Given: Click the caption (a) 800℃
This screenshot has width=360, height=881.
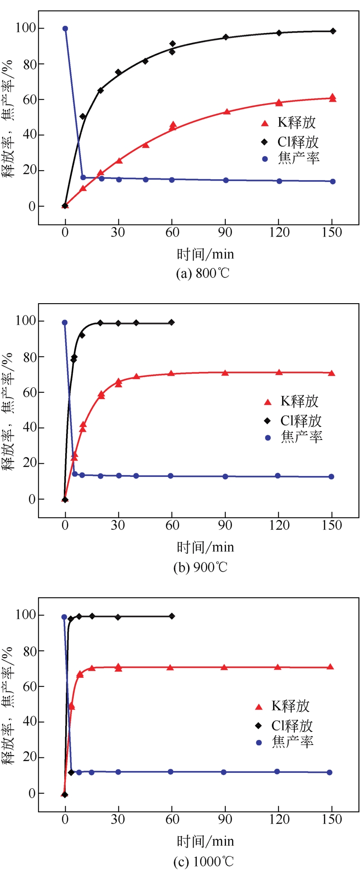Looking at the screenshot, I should [203, 273].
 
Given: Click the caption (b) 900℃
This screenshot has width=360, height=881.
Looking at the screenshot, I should [200, 567].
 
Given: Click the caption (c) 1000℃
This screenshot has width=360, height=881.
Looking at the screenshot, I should [204, 861].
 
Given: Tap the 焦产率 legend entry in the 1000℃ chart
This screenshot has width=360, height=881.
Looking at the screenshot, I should [285, 742].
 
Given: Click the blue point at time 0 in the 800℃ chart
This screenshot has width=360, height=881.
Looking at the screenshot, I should [65, 29].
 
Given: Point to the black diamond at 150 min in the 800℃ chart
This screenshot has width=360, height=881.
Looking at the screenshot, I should [333, 31].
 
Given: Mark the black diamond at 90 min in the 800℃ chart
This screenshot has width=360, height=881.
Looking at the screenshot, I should [226, 37].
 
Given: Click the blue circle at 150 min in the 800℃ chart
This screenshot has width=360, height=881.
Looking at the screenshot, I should [333, 181].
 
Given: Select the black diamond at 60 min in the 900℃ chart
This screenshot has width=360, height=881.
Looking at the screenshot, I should [171, 323].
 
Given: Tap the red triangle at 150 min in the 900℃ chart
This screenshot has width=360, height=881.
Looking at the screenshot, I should [332, 373].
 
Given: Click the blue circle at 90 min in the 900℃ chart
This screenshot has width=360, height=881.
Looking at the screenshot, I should [225, 476].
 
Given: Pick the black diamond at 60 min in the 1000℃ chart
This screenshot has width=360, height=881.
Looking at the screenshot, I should [172, 616].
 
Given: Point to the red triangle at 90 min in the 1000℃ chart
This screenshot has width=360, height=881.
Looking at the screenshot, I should [224, 667].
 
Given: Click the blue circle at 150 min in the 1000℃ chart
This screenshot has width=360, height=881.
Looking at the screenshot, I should [329, 772].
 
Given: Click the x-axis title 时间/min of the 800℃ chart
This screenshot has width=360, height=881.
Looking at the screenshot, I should [205, 254].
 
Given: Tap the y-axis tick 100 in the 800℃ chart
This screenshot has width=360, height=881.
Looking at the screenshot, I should [25, 28].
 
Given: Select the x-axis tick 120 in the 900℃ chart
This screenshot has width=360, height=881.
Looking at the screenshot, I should [279, 525].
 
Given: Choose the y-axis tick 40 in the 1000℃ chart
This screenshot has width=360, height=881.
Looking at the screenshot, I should [28, 722].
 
